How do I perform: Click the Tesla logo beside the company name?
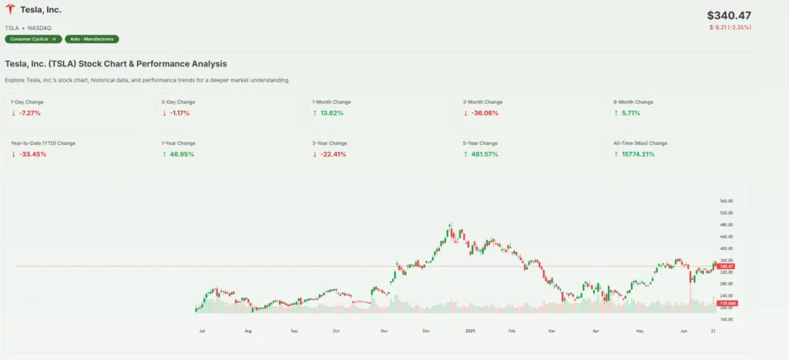pyautogui.click(x=10, y=10)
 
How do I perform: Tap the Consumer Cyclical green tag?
pyautogui.click(x=33, y=39)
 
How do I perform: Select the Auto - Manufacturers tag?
pyautogui.click(x=92, y=39)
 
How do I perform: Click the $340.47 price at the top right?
pyautogui.click(x=728, y=15)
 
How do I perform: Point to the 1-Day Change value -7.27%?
pyautogui.click(x=30, y=113)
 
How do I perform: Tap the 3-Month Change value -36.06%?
pyautogui.click(x=482, y=113)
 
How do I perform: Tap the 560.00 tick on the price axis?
pyautogui.click(x=725, y=200)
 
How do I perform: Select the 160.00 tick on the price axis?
pyautogui.click(x=725, y=319)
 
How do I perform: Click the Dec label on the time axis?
pyautogui.click(x=425, y=331)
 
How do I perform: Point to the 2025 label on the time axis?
pyautogui.click(x=469, y=331)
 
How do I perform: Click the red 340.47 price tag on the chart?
pyautogui.click(x=725, y=267)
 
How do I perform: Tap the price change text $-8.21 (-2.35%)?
pyautogui.click(x=730, y=28)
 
